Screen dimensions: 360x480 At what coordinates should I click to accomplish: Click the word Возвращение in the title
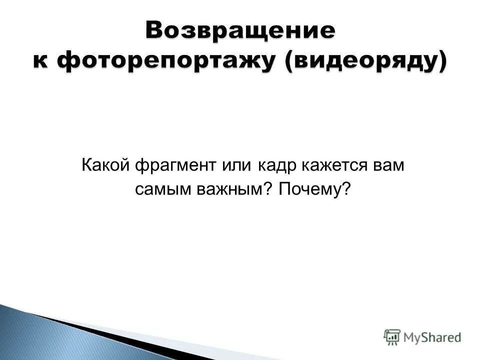(240, 31)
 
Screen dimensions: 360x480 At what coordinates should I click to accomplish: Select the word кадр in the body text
(273, 166)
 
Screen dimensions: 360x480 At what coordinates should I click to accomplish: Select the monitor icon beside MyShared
(392, 336)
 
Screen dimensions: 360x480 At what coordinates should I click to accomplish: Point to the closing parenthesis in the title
(441, 62)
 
